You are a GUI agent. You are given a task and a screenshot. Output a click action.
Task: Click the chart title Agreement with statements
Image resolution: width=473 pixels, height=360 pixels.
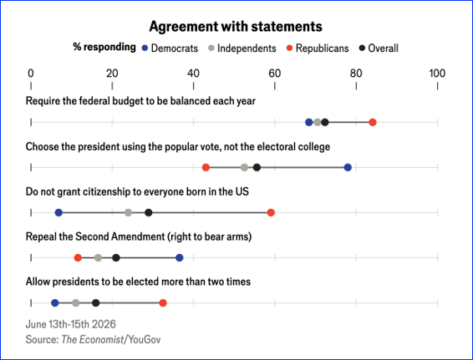(x=236, y=27)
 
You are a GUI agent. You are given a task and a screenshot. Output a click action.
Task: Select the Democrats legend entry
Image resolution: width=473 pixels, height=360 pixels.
(x=170, y=48)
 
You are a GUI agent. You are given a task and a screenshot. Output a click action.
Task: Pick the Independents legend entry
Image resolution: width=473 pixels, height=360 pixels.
(x=242, y=48)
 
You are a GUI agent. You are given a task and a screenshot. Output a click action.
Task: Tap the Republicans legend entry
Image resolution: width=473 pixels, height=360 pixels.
(x=318, y=48)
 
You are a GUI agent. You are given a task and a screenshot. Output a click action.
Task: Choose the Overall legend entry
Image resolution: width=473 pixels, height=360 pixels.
(x=379, y=48)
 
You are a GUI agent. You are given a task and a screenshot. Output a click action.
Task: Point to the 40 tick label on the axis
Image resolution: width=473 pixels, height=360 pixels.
(x=193, y=74)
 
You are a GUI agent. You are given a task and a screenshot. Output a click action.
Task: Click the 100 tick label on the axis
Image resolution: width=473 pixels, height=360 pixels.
(x=437, y=74)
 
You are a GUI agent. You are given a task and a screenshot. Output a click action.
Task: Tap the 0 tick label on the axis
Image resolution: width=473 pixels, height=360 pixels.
(x=31, y=74)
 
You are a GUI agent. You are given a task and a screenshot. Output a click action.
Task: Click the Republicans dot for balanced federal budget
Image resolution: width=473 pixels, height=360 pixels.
(x=373, y=123)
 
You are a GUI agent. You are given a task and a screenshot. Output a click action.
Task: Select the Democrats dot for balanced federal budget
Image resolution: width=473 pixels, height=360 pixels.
(x=309, y=123)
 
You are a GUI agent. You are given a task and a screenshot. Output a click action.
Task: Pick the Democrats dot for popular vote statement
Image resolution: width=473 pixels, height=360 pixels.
(x=348, y=167)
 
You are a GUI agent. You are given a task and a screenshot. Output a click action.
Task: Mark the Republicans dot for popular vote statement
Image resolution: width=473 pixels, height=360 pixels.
(x=206, y=167)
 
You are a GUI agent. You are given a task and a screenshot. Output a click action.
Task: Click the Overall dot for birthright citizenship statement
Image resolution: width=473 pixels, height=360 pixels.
(x=149, y=212)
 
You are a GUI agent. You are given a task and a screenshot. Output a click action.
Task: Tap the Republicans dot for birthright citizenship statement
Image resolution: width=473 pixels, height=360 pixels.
(x=271, y=212)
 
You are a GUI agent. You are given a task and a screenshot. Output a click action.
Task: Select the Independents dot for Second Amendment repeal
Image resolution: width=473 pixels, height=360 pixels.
(x=98, y=258)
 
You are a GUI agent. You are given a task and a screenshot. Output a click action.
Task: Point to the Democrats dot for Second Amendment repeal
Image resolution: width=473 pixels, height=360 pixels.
(x=180, y=258)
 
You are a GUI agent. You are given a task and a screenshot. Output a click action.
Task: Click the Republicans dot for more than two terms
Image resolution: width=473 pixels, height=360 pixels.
(x=163, y=303)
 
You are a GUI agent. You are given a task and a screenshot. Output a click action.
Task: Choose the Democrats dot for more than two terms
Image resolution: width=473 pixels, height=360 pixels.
(x=55, y=303)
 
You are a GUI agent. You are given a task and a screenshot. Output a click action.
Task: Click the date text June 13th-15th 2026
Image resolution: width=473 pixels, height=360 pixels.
(x=70, y=324)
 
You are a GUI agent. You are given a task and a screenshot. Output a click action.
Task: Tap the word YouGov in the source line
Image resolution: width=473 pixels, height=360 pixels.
(x=145, y=340)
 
